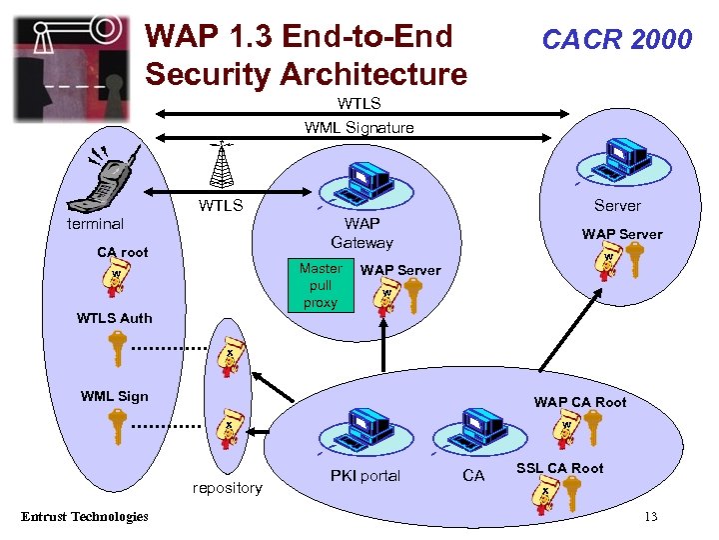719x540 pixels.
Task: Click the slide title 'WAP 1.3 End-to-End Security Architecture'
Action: click(x=305, y=56)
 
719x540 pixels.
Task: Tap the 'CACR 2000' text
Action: click(x=616, y=40)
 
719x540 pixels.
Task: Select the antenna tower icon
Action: click(x=221, y=165)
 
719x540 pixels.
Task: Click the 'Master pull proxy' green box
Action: click(x=320, y=285)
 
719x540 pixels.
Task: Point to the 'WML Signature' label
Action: click(x=359, y=127)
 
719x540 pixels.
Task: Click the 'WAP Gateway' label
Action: click(x=361, y=233)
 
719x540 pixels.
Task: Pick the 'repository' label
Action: click(x=228, y=488)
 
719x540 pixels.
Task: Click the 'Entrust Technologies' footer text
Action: click(x=84, y=516)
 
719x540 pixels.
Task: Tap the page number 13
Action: click(x=650, y=516)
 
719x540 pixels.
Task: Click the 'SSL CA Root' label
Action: click(x=559, y=468)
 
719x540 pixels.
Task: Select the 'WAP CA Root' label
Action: click(x=580, y=402)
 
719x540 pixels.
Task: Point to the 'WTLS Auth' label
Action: click(x=115, y=318)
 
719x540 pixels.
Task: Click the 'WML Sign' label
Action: click(x=114, y=396)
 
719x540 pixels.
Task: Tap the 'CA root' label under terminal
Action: click(x=122, y=252)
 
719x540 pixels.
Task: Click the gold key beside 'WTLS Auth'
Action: click(x=117, y=350)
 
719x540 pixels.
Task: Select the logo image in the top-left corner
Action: click(x=71, y=67)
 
